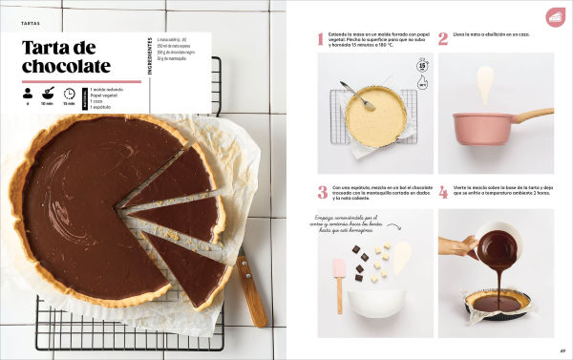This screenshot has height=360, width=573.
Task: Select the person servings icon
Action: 28,94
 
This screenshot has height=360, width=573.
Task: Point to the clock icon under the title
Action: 70,94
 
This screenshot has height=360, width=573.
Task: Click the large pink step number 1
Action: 321,39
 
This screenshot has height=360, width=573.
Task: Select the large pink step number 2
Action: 443,39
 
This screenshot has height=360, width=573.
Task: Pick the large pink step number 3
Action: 322,192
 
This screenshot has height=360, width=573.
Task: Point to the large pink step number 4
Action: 443,192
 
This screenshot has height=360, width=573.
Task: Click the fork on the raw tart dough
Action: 356,94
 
